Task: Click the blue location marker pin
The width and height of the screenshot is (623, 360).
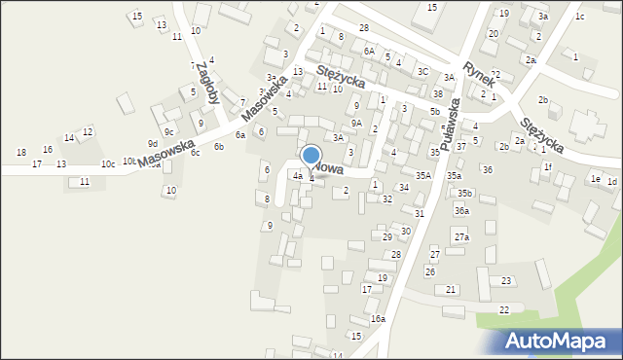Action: [311, 156]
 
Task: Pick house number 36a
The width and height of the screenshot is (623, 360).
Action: [461, 210]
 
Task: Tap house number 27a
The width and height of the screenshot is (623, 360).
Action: [461, 236]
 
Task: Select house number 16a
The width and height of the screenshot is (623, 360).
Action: [378, 318]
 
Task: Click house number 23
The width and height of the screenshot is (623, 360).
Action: [506, 280]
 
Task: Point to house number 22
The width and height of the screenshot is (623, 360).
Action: [503, 309]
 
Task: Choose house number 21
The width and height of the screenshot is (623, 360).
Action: [451, 290]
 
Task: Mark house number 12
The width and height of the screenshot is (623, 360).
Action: [88, 131]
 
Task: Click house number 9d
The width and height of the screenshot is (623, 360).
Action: [152, 143]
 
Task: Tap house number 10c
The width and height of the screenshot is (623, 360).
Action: [107, 163]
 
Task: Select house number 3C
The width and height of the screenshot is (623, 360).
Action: [422, 71]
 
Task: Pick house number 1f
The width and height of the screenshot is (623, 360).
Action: [547, 166]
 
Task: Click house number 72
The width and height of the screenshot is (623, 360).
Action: [495, 75]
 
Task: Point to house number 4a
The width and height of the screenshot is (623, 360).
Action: [297, 176]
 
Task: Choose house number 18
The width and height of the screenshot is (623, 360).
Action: [21, 152]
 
